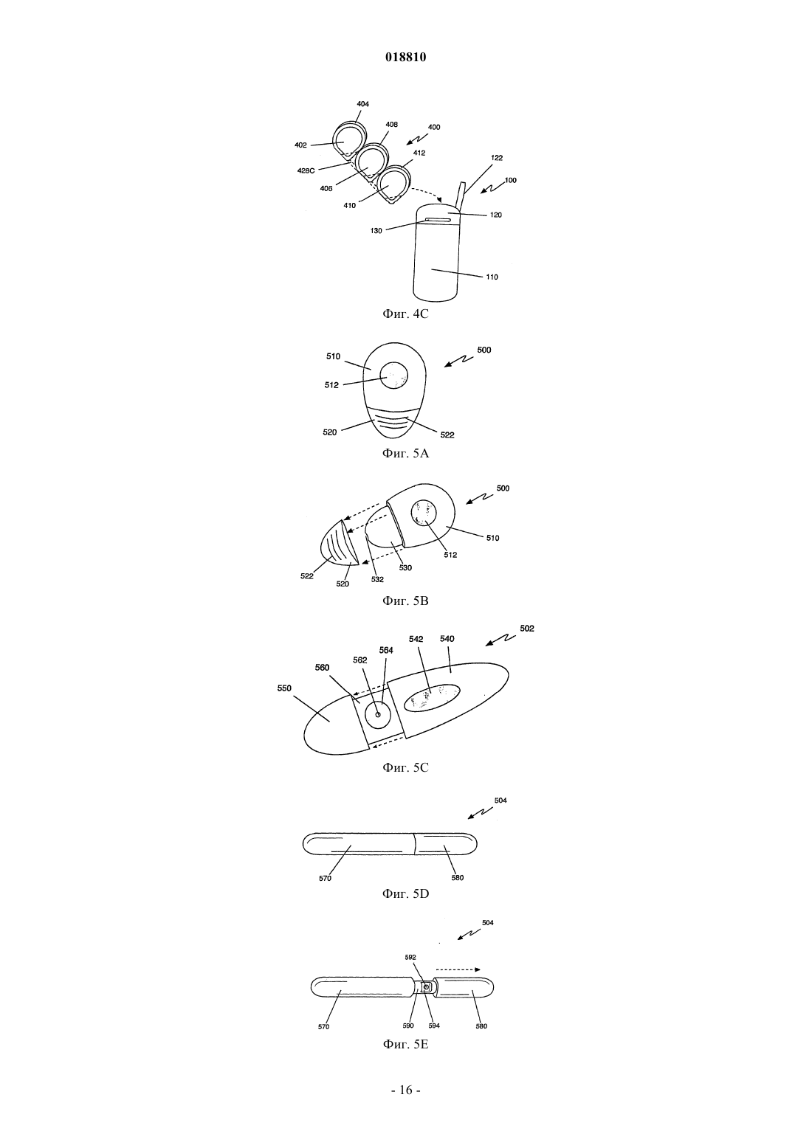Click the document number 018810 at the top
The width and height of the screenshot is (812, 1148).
click(405, 57)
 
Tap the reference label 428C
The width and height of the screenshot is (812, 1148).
click(306, 170)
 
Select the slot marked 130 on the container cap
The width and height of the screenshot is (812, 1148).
click(436, 221)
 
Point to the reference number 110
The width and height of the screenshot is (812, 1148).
click(492, 277)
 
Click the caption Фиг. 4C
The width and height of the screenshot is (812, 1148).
click(405, 314)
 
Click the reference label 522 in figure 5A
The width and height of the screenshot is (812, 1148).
click(447, 435)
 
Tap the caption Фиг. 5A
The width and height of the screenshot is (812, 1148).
click(405, 453)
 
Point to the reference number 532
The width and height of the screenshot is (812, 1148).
click(377, 579)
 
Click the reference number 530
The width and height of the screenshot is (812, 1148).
click(405, 567)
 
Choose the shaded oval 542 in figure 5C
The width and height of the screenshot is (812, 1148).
click(432, 697)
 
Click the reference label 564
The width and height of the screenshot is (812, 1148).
click(386, 650)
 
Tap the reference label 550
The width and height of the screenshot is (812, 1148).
click(284, 688)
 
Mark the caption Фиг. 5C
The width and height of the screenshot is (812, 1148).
click(405, 767)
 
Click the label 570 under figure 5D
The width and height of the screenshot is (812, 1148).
click(325, 878)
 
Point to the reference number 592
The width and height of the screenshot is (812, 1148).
click(410, 957)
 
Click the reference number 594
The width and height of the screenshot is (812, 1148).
click(434, 1026)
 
